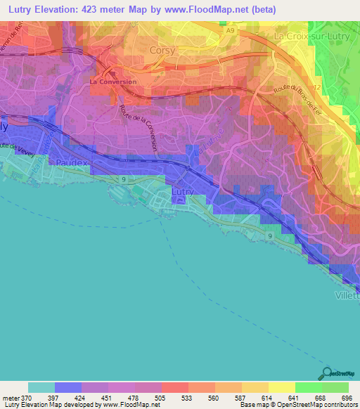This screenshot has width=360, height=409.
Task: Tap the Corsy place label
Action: (163, 51)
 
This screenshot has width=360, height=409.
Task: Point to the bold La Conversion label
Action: (113, 82)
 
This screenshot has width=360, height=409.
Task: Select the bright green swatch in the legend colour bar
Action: (308, 387)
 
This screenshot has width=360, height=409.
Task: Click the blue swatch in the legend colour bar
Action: (68, 387)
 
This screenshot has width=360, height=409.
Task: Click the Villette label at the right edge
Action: (346, 296)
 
